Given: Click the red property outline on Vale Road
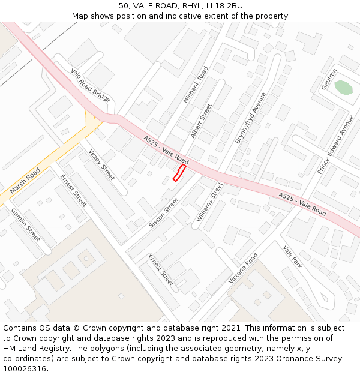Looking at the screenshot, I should click(179, 173).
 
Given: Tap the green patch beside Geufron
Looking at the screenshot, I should click(343, 88).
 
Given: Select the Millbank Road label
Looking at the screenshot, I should click(196, 85).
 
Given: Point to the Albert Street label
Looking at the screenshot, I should click(201, 121).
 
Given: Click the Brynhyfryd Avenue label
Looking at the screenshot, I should click(250, 118).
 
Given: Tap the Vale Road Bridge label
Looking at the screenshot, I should click(91, 85).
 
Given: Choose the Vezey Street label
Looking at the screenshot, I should click(101, 164).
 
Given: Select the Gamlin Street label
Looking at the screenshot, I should click(25, 225).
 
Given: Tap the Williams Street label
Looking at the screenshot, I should click(209, 202).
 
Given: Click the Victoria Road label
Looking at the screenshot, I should click(242, 268).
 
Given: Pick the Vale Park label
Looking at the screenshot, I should click(292, 257).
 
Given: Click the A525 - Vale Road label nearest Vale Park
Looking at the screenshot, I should click(302, 205).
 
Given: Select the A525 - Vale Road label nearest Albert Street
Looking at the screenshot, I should click(166, 151).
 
